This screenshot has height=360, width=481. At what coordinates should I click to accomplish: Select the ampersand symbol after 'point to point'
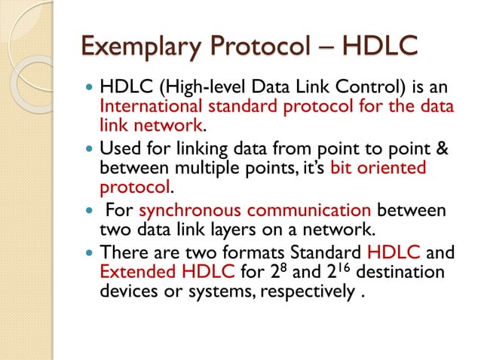(x=443, y=149)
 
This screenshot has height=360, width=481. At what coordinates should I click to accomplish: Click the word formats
(x=256, y=252)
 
